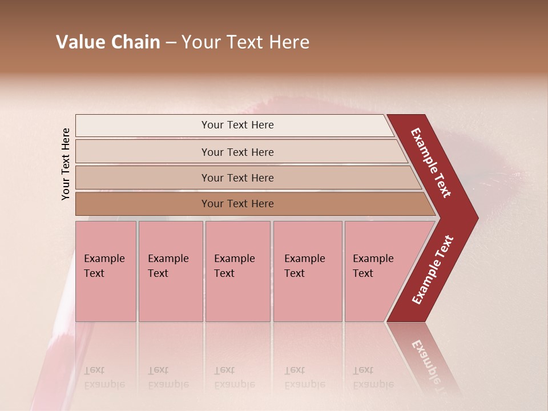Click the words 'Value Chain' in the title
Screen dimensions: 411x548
click(108, 42)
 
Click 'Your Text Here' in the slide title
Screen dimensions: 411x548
click(245, 42)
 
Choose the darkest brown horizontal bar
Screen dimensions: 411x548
click(143, 204)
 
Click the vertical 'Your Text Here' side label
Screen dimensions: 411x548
click(66, 164)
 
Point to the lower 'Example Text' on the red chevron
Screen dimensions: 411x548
click(433, 270)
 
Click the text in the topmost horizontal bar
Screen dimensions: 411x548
click(237, 125)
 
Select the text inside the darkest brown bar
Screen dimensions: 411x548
click(237, 204)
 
